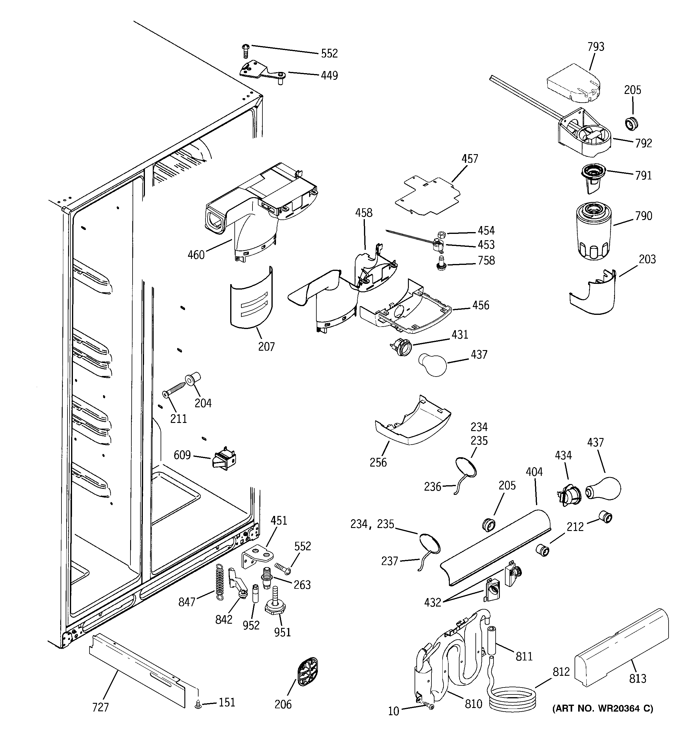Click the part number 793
tap(596, 47)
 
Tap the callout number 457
tap(470, 159)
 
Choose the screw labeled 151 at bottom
tap(199, 705)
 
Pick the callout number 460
tap(196, 255)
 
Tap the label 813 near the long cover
tap(638, 678)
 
